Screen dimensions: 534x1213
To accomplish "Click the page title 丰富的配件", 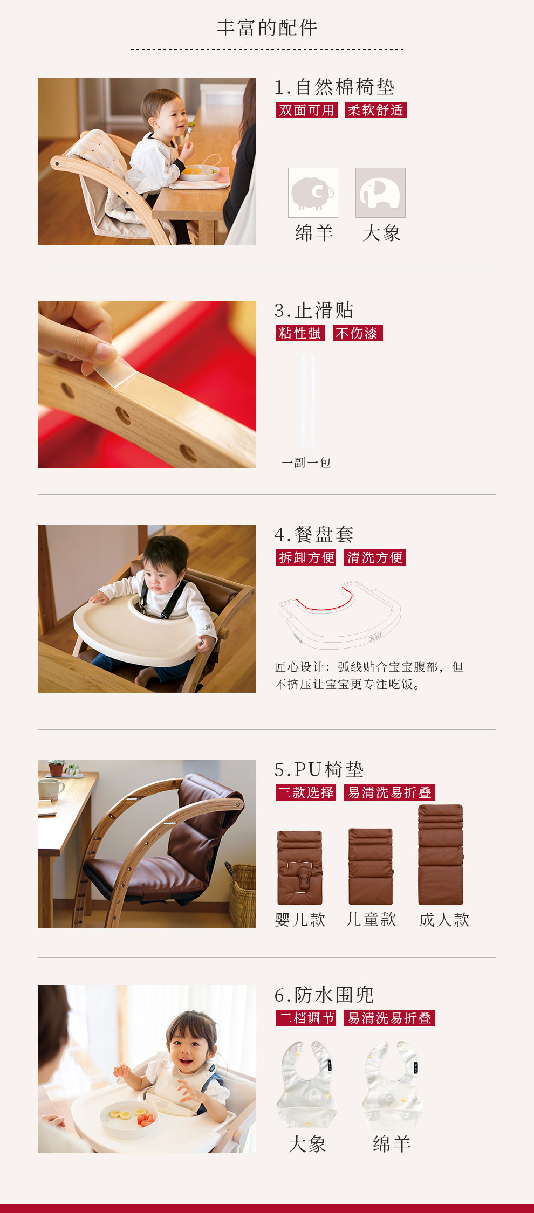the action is (x=267, y=27).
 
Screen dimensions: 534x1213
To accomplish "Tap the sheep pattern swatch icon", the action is (x=313, y=192).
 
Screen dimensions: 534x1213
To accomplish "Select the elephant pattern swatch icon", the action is (x=380, y=192).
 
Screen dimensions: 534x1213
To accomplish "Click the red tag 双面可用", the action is (x=307, y=110).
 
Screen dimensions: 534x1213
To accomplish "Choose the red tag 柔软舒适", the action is (x=375, y=110).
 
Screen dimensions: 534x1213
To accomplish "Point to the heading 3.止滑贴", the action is (x=314, y=311).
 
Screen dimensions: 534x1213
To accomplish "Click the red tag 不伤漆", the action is (x=357, y=333).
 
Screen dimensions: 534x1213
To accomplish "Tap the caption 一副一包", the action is (x=306, y=463).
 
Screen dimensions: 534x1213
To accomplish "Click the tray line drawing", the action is (x=340, y=615).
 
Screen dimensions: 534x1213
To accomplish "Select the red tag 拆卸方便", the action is (x=306, y=557).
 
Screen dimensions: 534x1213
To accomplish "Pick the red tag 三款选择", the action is (x=306, y=792).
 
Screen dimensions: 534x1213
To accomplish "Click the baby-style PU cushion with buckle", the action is (x=300, y=867).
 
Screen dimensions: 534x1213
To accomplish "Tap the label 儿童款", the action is (x=371, y=919).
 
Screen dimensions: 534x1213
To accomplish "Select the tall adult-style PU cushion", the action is (x=441, y=854).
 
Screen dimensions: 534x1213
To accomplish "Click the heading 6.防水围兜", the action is (x=324, y=995).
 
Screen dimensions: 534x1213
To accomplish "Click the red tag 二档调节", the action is (x=306, y=1018).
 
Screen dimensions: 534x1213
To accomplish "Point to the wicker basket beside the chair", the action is (x=242, y=895).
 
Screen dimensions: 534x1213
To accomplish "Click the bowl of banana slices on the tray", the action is (x=128, y=1119).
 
